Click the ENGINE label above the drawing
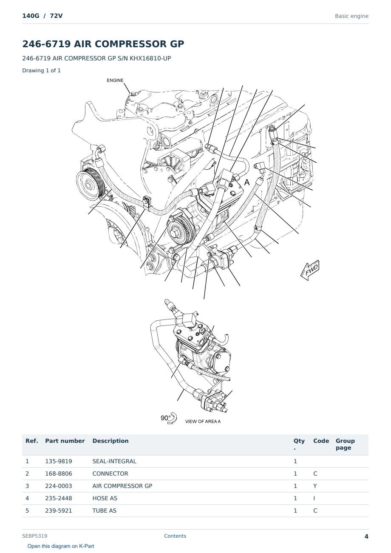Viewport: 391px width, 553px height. [115, 80]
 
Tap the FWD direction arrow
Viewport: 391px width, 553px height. [310, 270]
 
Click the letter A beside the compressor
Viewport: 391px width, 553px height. [246, 182]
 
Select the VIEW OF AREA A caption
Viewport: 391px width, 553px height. [203, 422]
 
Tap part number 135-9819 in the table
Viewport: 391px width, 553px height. [59, 461]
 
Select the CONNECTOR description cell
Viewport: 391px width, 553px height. [110, 473]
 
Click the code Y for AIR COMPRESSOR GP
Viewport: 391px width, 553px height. [315, 486]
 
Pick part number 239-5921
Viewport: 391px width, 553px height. [59, 510]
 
